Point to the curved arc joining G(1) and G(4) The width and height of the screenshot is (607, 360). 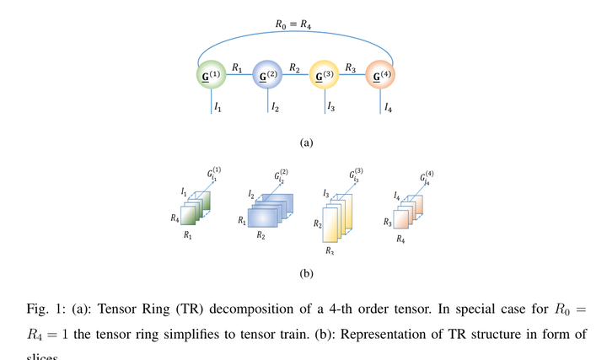(x=295, y=37)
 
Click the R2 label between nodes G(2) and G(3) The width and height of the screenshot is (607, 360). (x=294, y=67)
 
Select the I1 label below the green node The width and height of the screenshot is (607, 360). (x=218, y=108)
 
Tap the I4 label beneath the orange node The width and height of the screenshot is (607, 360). (x=388, y=108)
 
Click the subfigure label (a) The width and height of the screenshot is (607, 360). (x=306, y=142)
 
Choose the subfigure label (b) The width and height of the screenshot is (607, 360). (x=306, y=272)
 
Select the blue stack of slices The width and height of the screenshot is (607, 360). (x=267, y=211)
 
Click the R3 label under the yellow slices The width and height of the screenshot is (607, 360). (x=330, y=251)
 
